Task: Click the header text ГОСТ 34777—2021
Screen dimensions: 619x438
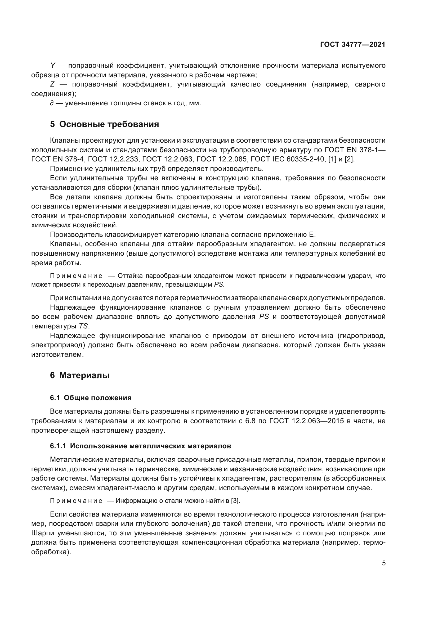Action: point(352,44)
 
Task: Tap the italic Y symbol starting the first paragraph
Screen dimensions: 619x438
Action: point(53,66)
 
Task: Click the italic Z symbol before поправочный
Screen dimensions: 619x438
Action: point(52,84)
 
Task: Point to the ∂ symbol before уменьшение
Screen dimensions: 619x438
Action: point(52,103)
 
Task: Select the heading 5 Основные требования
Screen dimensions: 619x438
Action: point(105,124)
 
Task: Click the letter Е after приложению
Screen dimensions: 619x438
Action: point(312,234)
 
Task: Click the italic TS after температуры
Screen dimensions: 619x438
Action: point(83,326)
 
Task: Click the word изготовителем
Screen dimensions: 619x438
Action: point(57,355)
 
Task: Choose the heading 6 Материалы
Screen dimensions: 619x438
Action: point(80,375)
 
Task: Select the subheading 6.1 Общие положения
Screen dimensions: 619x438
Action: point(91,398)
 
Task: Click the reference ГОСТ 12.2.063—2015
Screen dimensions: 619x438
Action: point(306,421)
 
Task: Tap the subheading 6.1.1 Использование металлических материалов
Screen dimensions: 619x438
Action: point(141,446)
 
